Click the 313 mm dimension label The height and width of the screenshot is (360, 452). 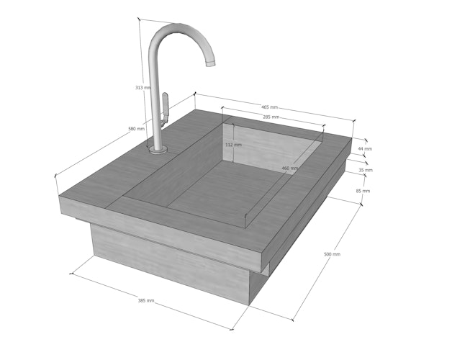pyautogui.click(x=143, y=88)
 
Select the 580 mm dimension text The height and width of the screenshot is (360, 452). pyautogui.click(x=136, y=129)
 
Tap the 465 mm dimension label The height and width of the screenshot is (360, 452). pyautogui.click(x=269, y=107)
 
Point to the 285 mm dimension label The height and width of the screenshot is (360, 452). pyautogui.click(x=271, y=117)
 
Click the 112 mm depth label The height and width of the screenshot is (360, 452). pyautogui.click(x=233, y=145)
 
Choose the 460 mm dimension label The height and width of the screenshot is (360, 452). pyautogui.click(x=290, y=168)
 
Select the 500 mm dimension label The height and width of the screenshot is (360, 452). pyautogui.click(x=332, y=254)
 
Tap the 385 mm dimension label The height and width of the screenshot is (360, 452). pyautogui.click(x=146, y=300)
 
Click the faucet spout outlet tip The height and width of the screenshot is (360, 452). pyautogui.click(x=212, y=63)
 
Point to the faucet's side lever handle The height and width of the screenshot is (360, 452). pyautogui.click(x=164, y=106)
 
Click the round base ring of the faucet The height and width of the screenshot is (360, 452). pyautogui.click(x=158, y=150)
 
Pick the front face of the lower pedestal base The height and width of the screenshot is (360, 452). pyautogui.click(x=169, y=266)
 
